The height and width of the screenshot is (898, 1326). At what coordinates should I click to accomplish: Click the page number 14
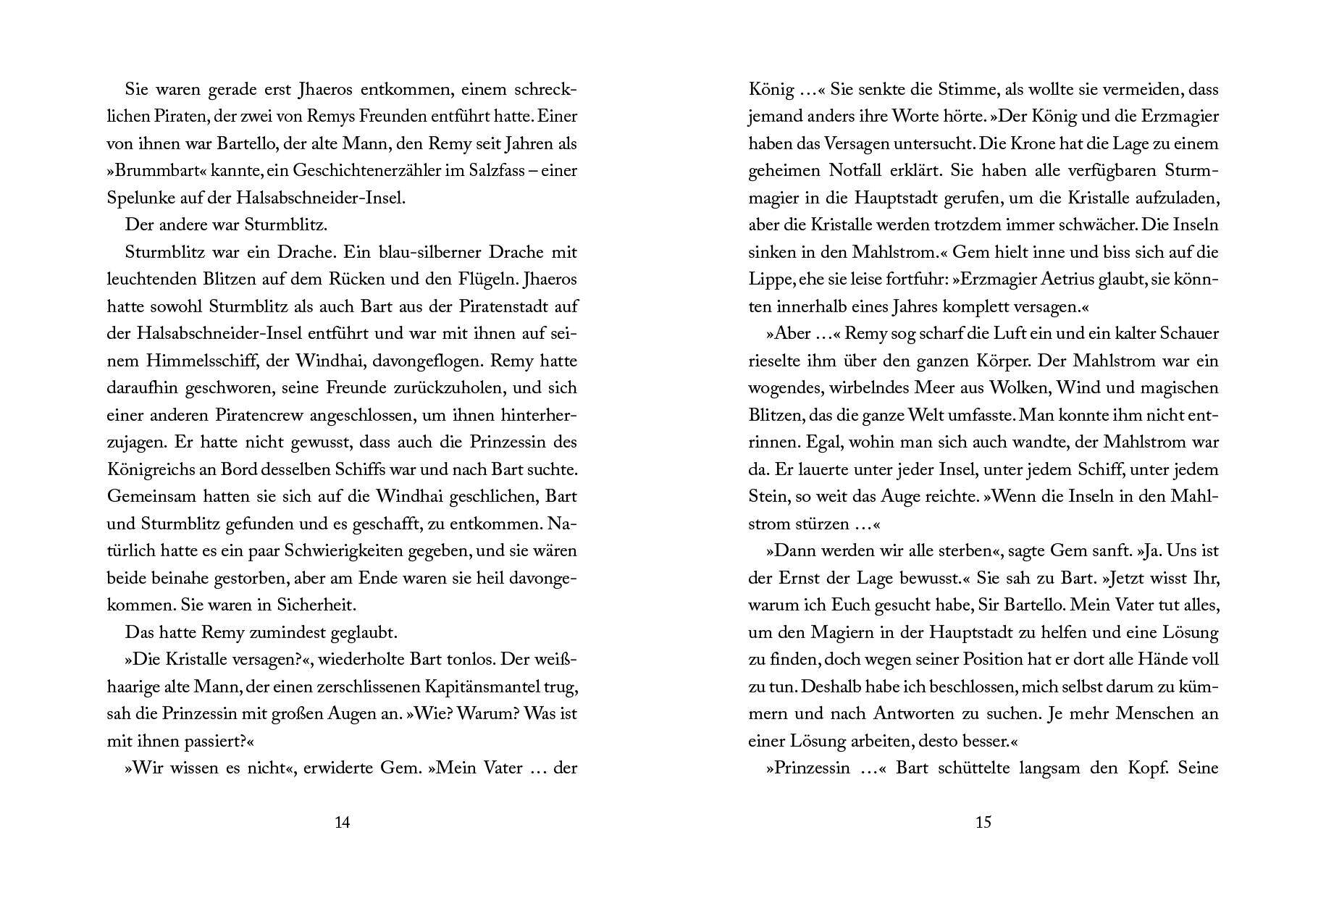tap(343, 822)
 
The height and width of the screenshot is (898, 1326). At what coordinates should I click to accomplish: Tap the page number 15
tap(983, 822)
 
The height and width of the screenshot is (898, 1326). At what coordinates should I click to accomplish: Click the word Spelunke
tap(140, 198)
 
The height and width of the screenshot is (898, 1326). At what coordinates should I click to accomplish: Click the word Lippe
tap(768, 280)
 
